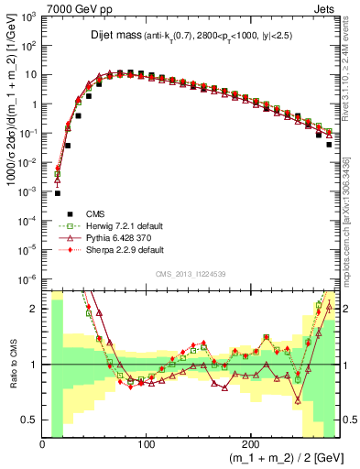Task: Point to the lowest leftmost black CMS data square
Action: (x=57, y=193)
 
